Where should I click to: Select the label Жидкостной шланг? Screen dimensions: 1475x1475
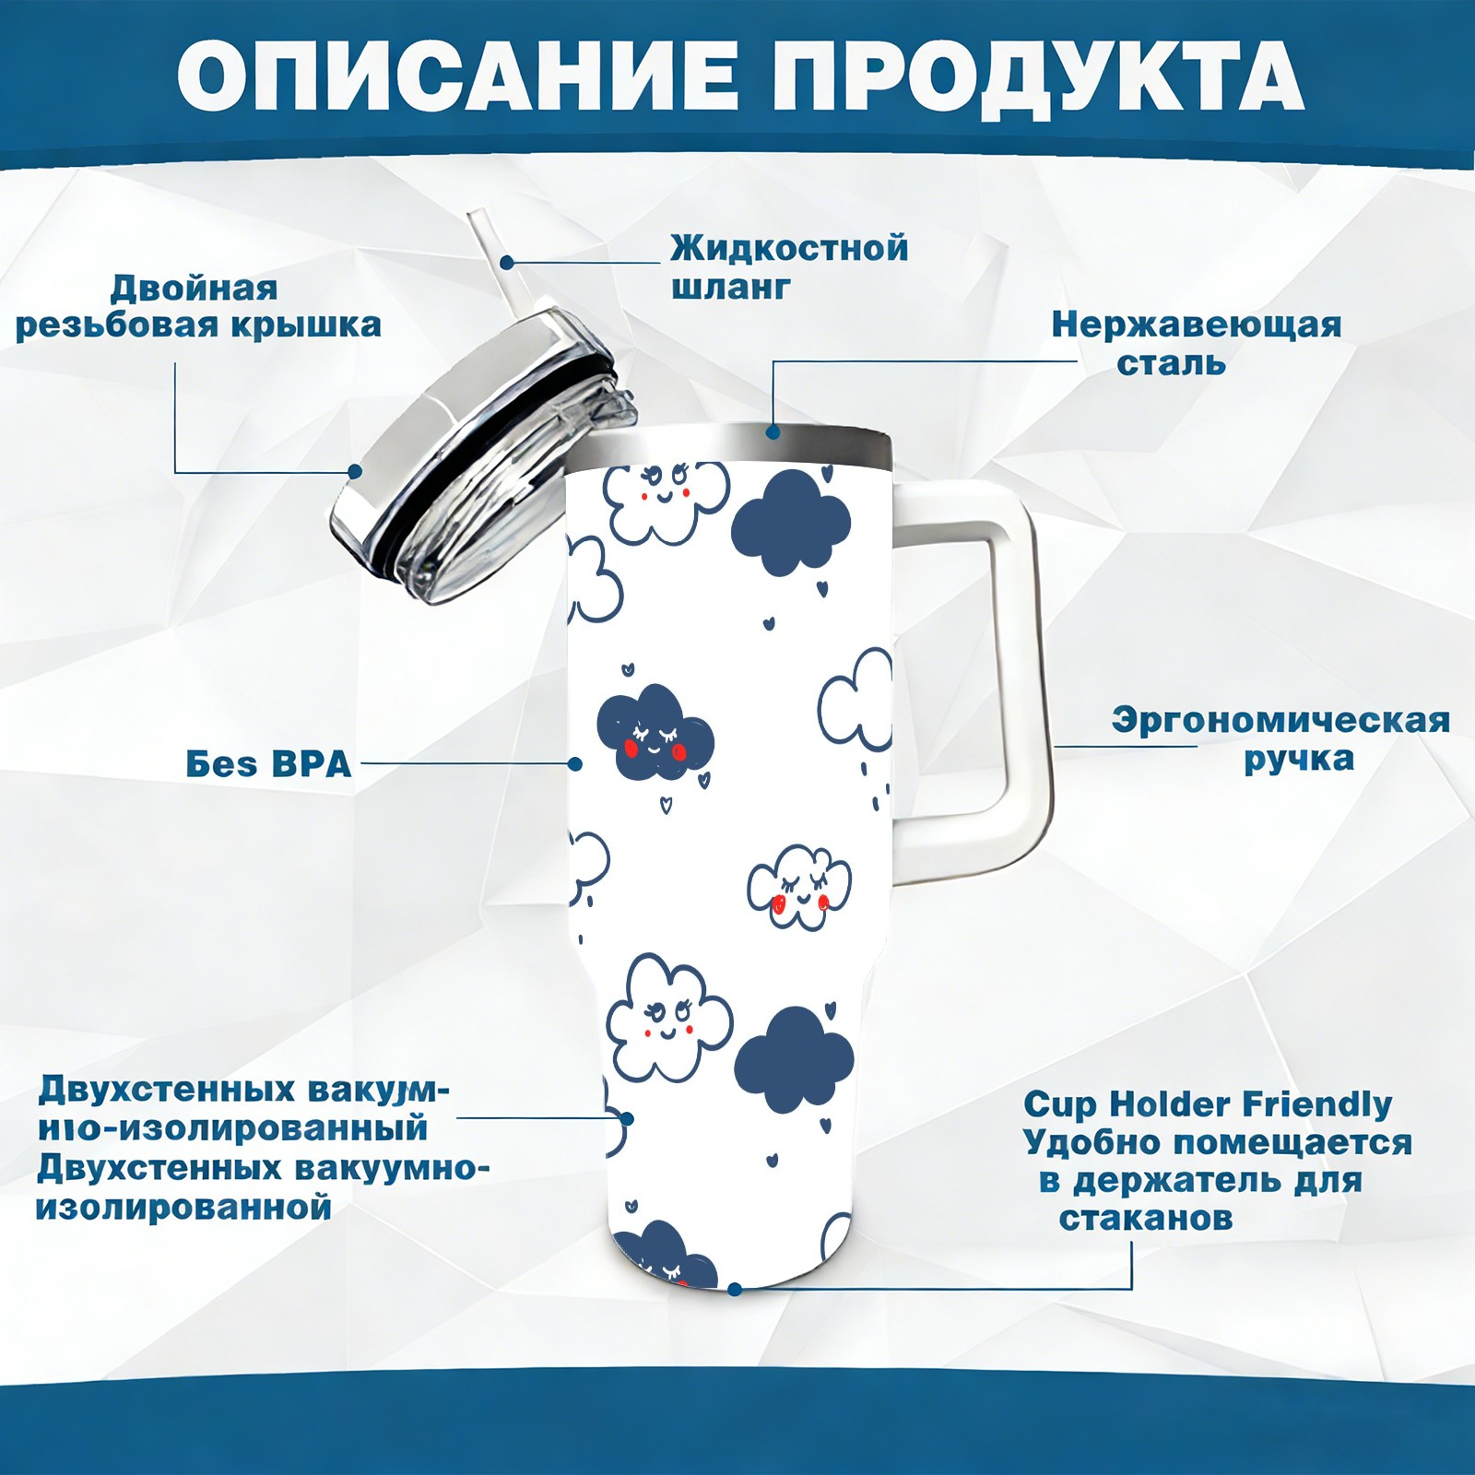[x=789, y=267]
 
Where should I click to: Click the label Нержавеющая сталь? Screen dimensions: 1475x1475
[x=1196, y=343]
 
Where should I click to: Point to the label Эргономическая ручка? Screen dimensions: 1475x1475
[x=1280, y=739]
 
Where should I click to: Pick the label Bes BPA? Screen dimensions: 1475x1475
[x=269, y=764]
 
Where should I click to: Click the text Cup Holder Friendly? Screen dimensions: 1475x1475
[x=1208, y=1103]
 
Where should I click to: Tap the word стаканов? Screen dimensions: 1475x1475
[x=1146, y=1219]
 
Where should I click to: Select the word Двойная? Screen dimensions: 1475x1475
[x=194, y=289]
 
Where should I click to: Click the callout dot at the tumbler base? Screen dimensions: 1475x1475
[x=735, y=1289]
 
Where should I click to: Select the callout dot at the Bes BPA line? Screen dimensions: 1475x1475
[x=575, y=763]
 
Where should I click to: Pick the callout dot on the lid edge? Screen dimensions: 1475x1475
[x=354, y=471]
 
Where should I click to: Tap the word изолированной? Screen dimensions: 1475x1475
[x=183, y=1209]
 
